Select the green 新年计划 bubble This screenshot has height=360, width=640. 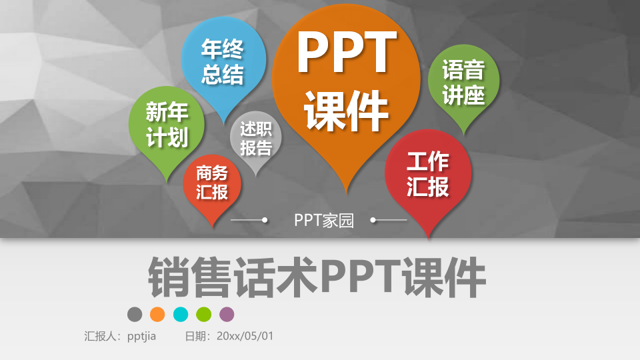click(x=167, y=125)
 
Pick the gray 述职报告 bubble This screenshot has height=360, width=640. click(x=256, y=138)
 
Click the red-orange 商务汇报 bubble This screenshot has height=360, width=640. click(x=212, y=183)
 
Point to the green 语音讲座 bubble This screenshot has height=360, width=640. click(x=463, y=83)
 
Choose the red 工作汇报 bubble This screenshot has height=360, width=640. click(x=428, y=174)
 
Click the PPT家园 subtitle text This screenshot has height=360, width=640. click(x=324, y=220)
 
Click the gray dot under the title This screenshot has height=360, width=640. click(x=135, y=314)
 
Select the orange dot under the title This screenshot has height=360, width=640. click(x=157, y=314)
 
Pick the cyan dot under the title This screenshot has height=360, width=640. click(x=181, y=314)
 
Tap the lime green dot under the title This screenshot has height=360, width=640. click(x=204, y=314)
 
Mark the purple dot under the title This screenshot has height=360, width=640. click(x=227, y=314)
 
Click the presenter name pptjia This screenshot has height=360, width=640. click(x=141, y=336)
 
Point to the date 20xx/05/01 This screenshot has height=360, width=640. click(x=245, y=336)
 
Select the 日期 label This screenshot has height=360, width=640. click(x=197, y=336)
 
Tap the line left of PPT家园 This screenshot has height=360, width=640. click(x=249, y=219)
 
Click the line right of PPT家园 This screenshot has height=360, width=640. click(x=389, y=219)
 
